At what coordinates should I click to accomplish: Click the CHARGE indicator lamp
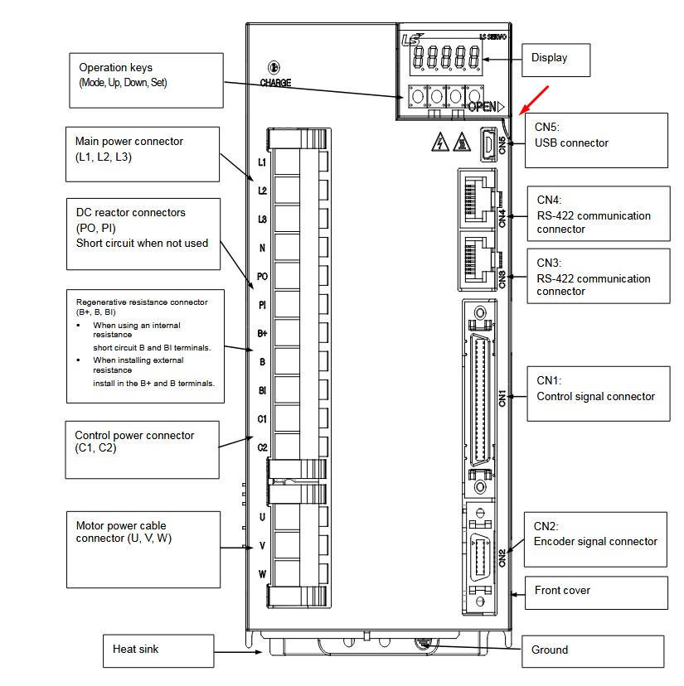(273, 68)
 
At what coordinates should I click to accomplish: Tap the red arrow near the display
(533, 98)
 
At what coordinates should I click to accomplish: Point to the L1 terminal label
(262, 162)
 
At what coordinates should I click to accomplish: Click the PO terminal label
(262, 277)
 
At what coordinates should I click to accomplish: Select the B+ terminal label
(262, 333)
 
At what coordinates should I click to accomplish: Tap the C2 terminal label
(262, 447)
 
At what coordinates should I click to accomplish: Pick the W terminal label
(262, 574)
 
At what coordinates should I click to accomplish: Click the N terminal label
(262, 248)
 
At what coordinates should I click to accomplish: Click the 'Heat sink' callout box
(158, 650)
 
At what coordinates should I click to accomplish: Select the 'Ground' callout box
(592, 651)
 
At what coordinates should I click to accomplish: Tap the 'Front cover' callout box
(596, 592)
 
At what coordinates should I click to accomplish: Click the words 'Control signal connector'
(596, 396)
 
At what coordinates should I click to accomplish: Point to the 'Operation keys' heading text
(115, 67)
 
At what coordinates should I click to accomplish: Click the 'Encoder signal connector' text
(595, 541)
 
